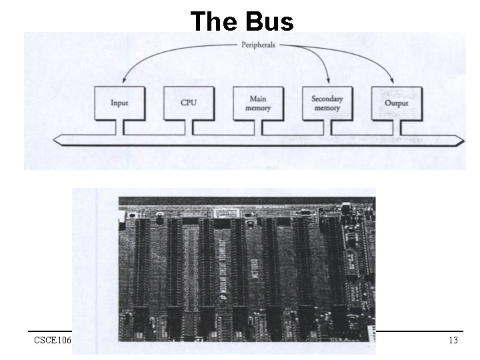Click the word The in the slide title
(215, 21)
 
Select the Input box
(119, 103)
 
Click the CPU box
(189, 103)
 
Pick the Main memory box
(257, 103)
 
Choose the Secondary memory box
(327, 103)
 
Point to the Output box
(396, 103)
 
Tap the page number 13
(453, 341)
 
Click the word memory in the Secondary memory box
(327, 108)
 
